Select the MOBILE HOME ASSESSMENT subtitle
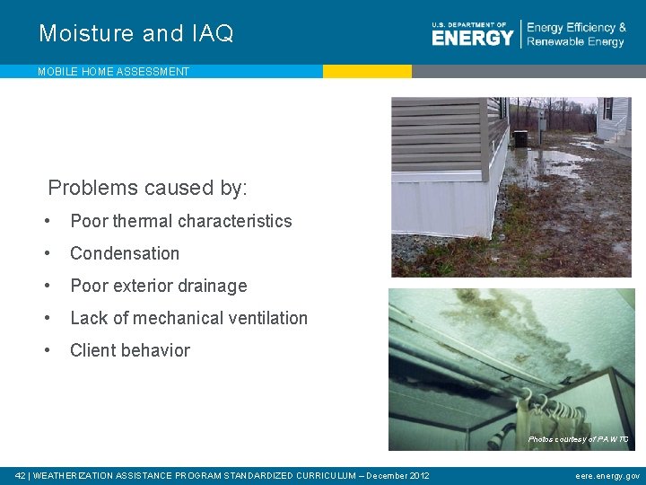pyautogui.click(x=113, y=72)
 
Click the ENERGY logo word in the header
pyautogui.click(x=472, y=37)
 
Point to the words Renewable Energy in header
pyautogui.click(x=575, y=42)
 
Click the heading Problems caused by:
pyautogui.click(x=147, y=188)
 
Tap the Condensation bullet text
pyautogui.click(x=125, y=253)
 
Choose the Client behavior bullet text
pyautogui.click(x=130, y=350)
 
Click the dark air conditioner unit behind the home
pyautogui.click(x=519, y=138)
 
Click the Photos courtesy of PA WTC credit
pyautogui.click(x=578, y=439)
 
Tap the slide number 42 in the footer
pyautogui.click(x=21, y=475)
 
